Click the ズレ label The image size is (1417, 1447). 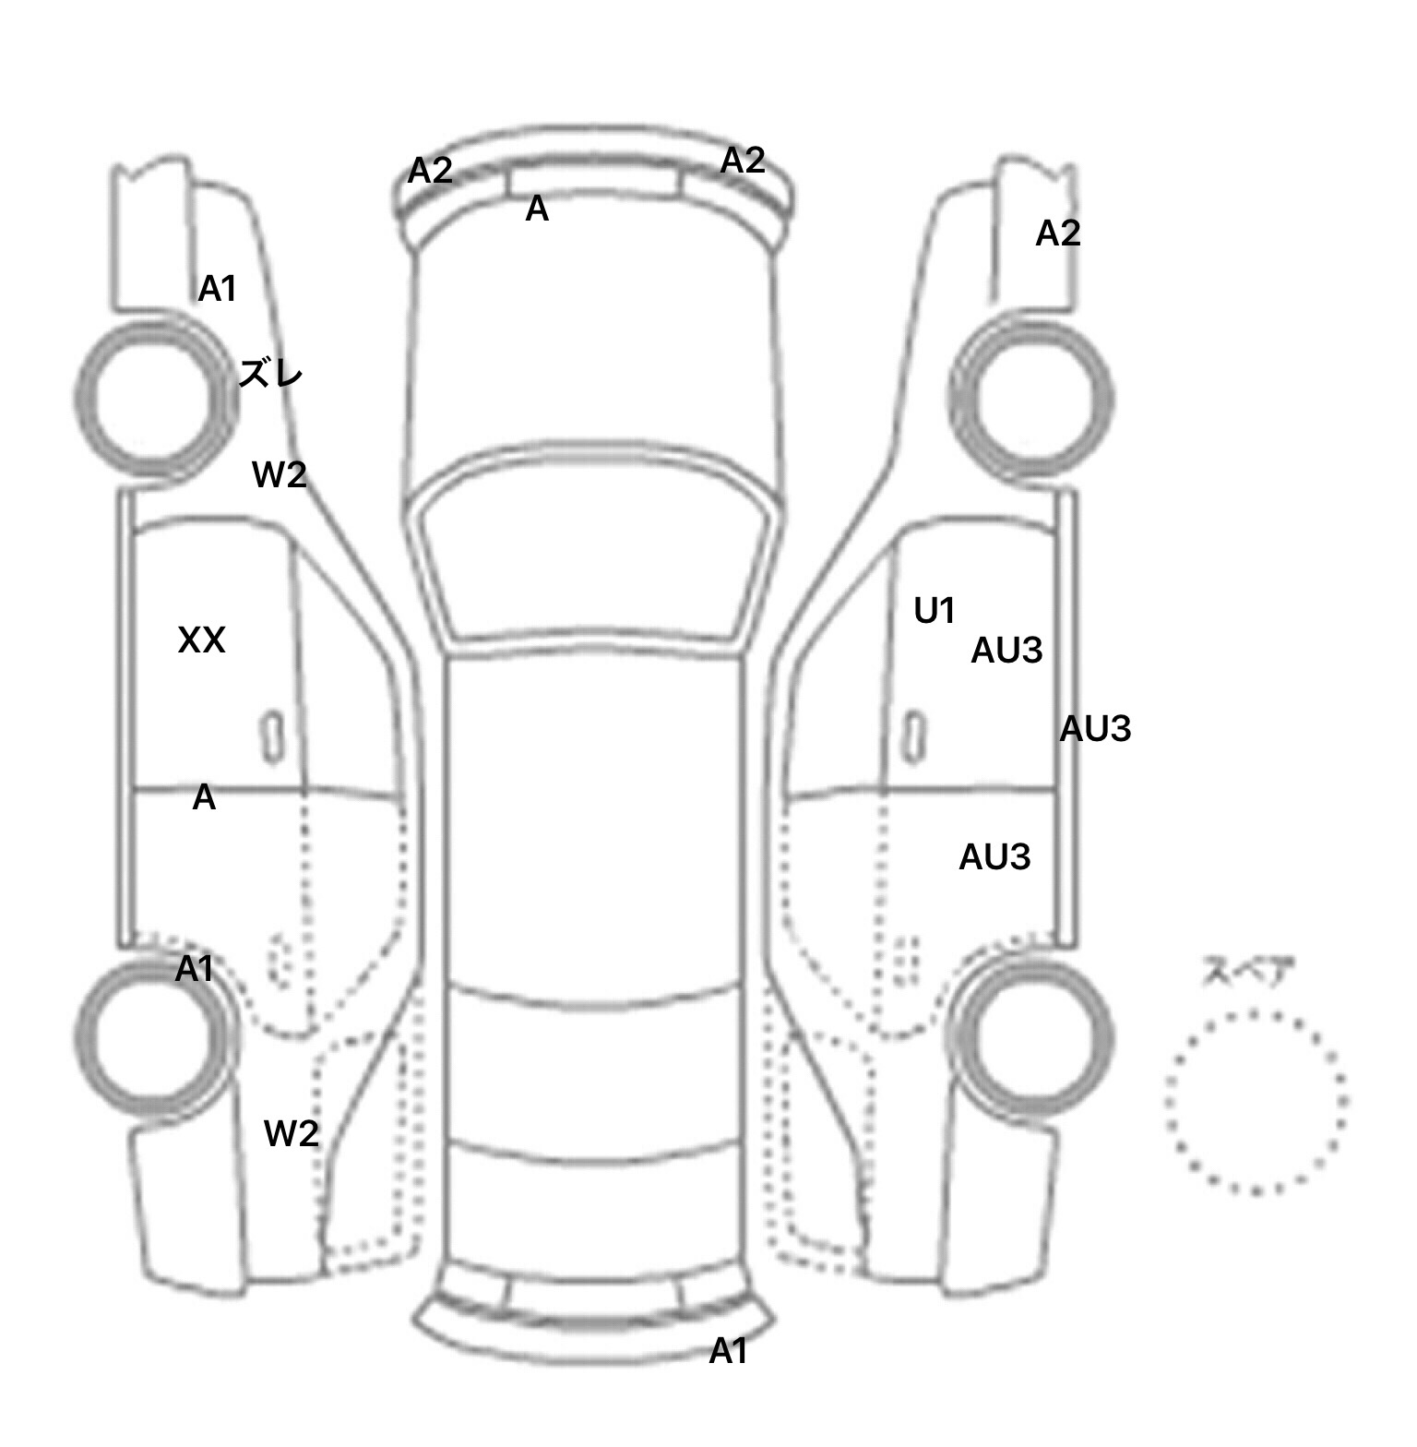coord(270,374)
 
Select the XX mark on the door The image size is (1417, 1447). coord(201,640)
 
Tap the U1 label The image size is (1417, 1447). coord(935,611)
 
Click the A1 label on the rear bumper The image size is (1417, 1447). coord(728,1352)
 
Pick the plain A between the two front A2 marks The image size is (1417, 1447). coord(537,210)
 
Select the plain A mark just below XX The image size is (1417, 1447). coord(204,798)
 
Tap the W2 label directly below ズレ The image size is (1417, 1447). coord(279,475)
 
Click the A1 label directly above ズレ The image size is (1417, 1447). coord(218,290)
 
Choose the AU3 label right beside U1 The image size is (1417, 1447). coord(1006,652)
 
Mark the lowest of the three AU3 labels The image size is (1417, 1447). coord(994,858)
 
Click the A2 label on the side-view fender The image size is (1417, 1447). coord(1057,233)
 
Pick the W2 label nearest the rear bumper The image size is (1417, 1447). coord(292,1133)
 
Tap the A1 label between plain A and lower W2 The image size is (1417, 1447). coord(195,969)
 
